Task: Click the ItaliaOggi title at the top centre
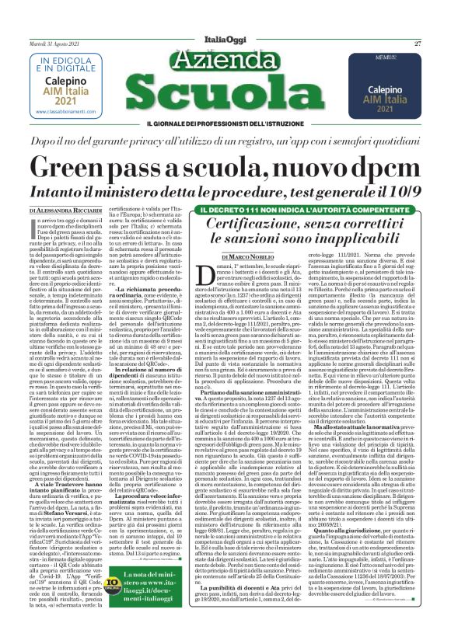coord(224,39)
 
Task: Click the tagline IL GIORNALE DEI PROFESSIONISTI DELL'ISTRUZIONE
coord(225,125)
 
